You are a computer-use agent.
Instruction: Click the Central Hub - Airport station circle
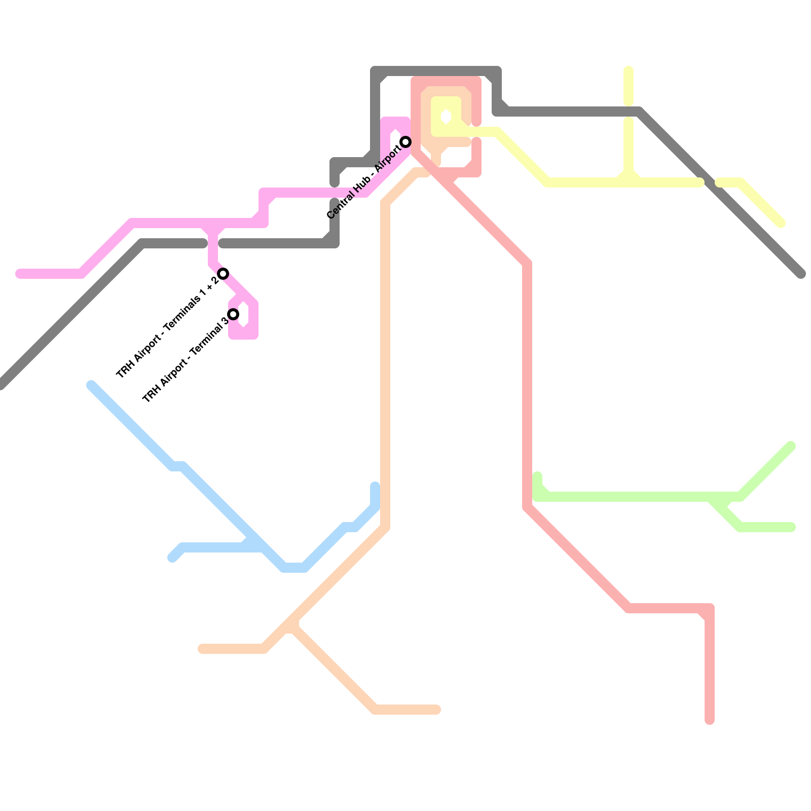click(405, 141)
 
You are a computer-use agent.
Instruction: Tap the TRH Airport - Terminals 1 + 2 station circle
click(223, 274)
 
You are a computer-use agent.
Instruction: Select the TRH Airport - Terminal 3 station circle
click(233, 314)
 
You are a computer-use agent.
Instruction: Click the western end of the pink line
click(19, 274)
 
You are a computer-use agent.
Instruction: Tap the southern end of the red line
click(710, 720)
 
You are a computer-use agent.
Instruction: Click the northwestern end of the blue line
click(91, 385)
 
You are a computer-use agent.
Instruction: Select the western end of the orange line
click(202, 649)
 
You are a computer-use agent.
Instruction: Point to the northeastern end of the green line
click(791, 446)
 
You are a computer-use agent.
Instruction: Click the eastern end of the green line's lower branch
click(792, 527)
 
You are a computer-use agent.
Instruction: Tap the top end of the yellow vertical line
click(629, 70)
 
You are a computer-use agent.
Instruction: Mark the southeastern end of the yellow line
click(782, 224)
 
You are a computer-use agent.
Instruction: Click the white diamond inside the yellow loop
click(446, 117)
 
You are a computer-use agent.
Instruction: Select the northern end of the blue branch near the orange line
click(375, 486)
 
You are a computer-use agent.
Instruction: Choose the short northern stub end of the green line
click(537, 475)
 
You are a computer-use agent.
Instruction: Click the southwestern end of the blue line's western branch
click(172, 558)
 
